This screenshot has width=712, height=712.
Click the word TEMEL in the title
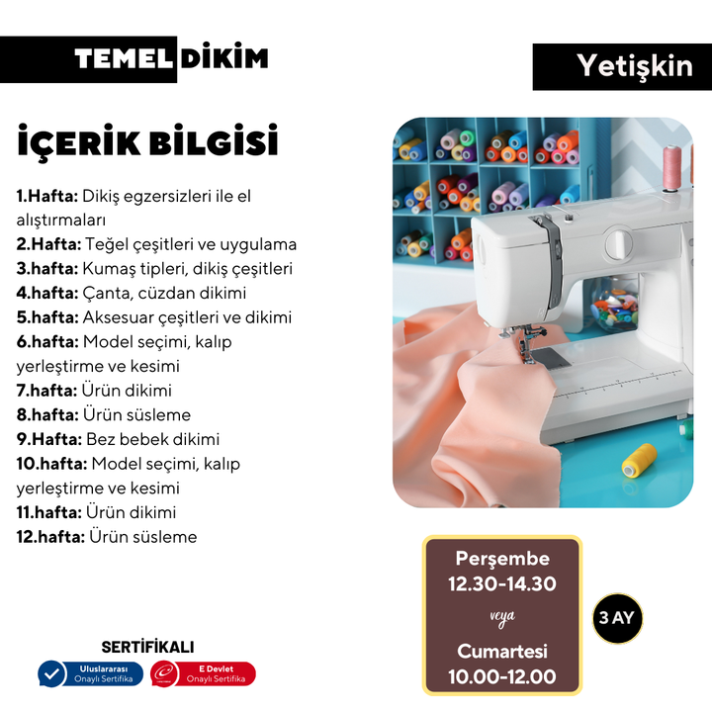pos(124,59)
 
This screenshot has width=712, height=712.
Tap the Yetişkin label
pos(635,67)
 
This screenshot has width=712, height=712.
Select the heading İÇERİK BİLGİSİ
pos(147,141)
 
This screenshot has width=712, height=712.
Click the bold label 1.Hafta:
pos(47,196)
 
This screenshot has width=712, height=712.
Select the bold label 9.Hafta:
pos(49,439)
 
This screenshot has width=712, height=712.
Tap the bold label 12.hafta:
pos(50,537)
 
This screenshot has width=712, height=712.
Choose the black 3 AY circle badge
pos(617,618)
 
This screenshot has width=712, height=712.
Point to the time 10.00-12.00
pos(502,677)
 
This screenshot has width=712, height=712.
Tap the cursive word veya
pos(502,617)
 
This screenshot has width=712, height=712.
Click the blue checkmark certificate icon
pos(51,673)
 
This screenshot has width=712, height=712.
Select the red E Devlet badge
pos(203,673)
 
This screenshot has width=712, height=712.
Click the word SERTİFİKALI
pos(147,648)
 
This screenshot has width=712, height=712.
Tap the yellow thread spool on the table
pos(640,460)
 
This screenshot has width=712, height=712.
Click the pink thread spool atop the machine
pos(672,167)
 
